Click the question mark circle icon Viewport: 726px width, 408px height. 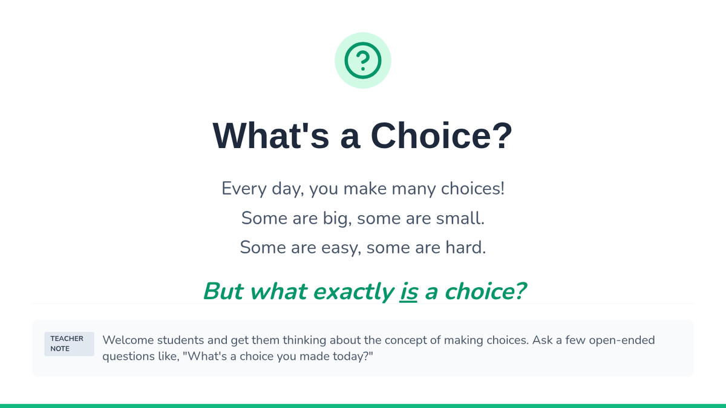[363, 60]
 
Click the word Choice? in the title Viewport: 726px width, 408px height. [441, 135]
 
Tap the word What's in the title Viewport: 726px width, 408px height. [270, 135]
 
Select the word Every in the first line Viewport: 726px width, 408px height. [244, 189]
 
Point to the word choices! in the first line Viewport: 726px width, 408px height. [473, 189]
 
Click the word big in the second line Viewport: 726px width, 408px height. [336, 218]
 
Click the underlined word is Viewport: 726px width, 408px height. [408, 291]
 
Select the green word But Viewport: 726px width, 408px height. [223, 291]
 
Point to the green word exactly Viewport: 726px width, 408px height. [353, 292]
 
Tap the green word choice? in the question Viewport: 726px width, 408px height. [485, 291]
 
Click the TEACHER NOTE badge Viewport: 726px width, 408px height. [70, 344]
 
